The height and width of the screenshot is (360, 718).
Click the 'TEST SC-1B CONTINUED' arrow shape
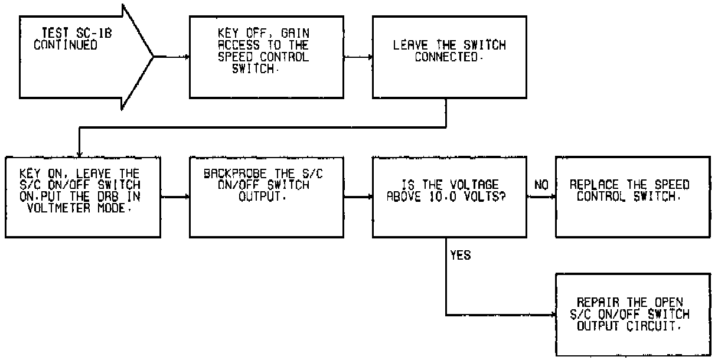pyautogui.click(x=77, y=57)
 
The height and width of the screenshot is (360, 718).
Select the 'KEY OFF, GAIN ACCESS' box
pyautogui.click(x=266, y=57)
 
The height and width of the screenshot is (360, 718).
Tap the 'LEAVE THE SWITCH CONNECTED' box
pyautogui.click(x=449, y=57)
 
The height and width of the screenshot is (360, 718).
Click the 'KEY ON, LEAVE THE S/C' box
pyautogui.click(x=83, y=197)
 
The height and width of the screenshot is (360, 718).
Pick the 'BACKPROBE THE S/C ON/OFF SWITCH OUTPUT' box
pyautogui.click(x=266, y=197)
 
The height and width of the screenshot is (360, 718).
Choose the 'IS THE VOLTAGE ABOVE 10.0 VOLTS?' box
pyautogui.click(x=449, y=197)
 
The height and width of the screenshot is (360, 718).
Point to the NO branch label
pyautogui.click(x=541, y=185)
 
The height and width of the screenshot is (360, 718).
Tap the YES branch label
pyautogui.click(x=461, y=256)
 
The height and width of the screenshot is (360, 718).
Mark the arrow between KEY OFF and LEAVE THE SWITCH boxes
pyautogui.click(x=357, y=57)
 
